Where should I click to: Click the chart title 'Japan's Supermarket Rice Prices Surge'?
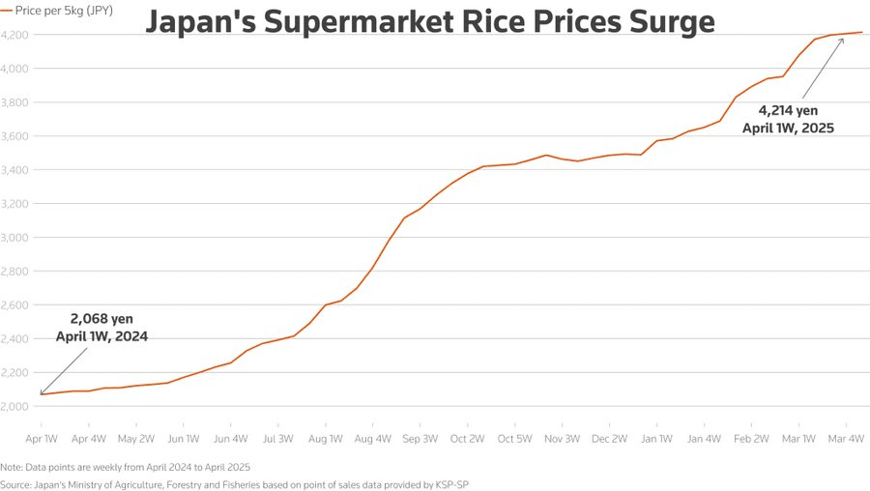coord(430,20)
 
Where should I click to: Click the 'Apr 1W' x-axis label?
coord(42,439)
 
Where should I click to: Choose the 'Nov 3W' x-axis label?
coord(562,439)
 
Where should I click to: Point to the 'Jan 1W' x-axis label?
coord(656,439)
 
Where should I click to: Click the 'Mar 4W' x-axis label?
coord(847,439)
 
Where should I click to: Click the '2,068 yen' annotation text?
coord(101,318)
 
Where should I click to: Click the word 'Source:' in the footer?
coord(18,483)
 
